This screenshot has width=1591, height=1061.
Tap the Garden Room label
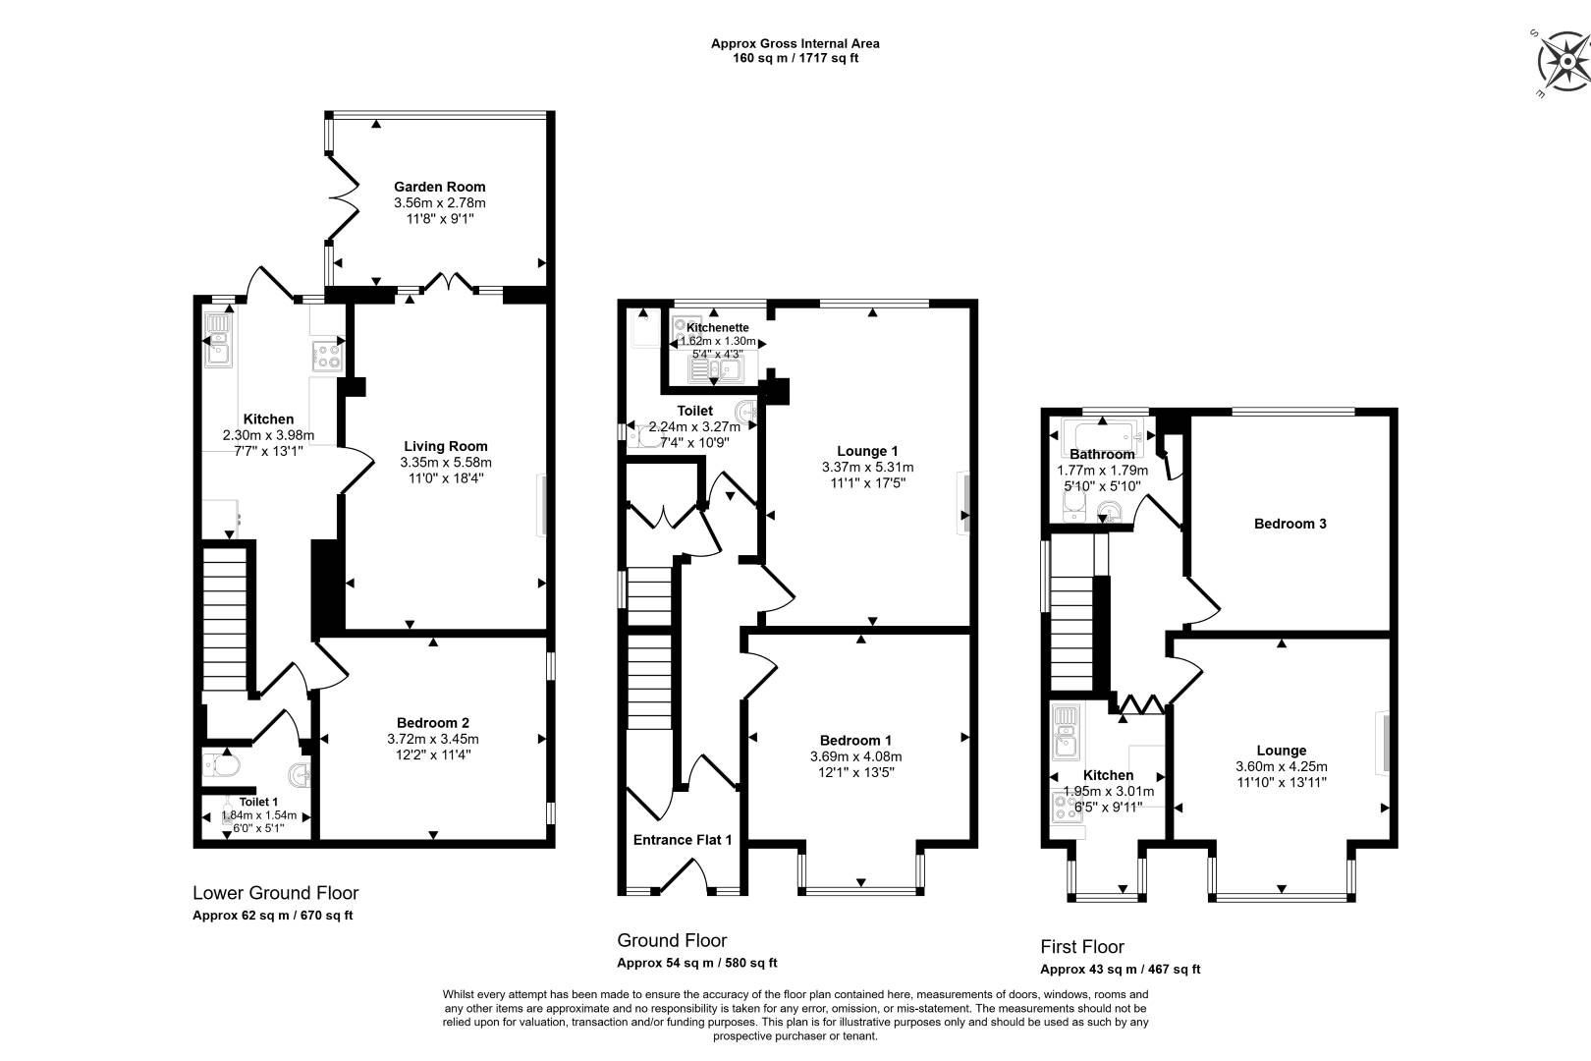[x=440, y=187]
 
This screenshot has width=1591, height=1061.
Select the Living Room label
[x=445, y=446]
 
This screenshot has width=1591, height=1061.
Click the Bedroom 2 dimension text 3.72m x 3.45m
[x=432, y=739]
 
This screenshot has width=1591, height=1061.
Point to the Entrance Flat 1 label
[x=682, y=840]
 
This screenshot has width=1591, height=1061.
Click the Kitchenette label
[x=717, y=327]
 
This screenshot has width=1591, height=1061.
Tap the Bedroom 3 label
[x=1289, y=524]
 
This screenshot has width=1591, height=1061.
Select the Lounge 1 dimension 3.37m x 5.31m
[x=867, y=468]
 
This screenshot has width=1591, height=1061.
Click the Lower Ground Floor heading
[x=276, y=893]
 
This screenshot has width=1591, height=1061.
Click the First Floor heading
[x=1081, y=947]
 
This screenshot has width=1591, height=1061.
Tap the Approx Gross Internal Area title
[x=795, y=43]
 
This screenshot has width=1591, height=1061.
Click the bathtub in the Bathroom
[x=1102, y=433]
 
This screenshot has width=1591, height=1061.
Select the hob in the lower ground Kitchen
[x=328, y=356]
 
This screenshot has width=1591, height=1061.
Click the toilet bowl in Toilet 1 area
[x=222, y=766]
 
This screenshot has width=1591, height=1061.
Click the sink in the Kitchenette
[x=716, y=369]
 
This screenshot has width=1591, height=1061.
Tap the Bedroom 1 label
[x=855, y=741]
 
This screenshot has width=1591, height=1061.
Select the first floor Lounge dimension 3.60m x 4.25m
[x=1282, y=767]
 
